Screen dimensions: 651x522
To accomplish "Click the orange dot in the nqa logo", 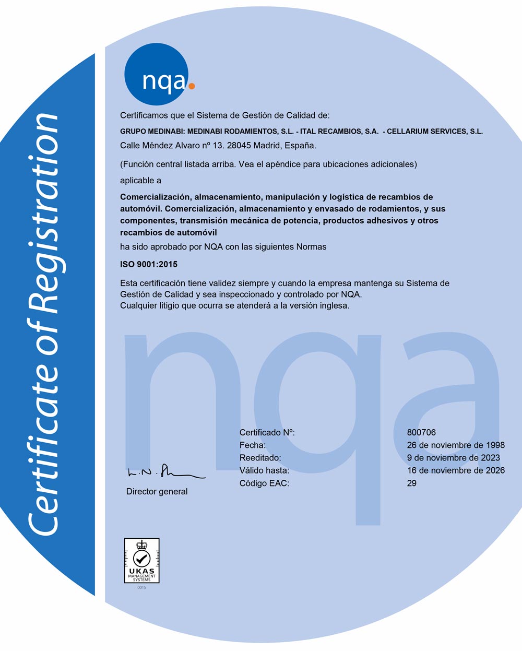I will [x=192, y=85].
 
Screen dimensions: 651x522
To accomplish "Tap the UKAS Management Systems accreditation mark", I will [x=141, y=560].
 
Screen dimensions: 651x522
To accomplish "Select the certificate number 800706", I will [x=421, y=432].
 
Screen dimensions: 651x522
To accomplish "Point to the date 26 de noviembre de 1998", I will [x=456, y=445].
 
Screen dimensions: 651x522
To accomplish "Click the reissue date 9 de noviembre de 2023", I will [x=453, y=458].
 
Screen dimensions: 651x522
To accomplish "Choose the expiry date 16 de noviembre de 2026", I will [x=456, y=470].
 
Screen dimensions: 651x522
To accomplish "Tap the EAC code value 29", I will [x=412, y=483].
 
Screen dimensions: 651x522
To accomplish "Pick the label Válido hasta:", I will [x=264, y=470].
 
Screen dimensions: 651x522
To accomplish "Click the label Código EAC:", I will [x=264, y=483].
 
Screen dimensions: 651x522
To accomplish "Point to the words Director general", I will [x=157, y=491].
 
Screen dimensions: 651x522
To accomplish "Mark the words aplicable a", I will [x=140, y=180].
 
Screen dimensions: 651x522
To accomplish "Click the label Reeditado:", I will [x=260, y=458].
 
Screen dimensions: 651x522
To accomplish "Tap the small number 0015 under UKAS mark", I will [x=141, y=588].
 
